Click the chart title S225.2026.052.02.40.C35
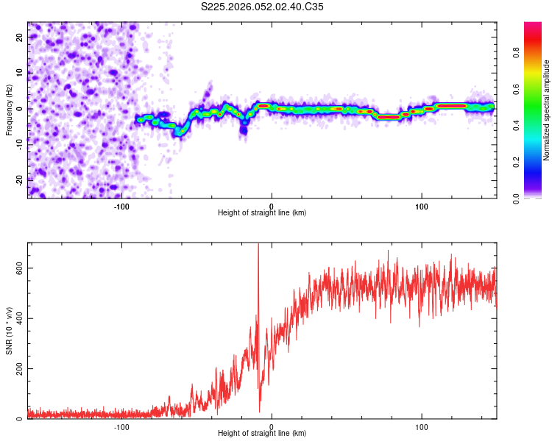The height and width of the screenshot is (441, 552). coord(262,7)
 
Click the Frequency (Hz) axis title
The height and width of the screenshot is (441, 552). coord(9,110)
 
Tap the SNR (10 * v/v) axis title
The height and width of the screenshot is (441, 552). coord(9,330)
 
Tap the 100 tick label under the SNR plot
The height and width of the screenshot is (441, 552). coord(422,426)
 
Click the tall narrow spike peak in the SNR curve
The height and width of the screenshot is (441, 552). coord(258,245)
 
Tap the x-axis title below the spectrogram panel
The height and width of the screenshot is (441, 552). coord(262,213)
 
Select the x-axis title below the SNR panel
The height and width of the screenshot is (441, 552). coord(262,434)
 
